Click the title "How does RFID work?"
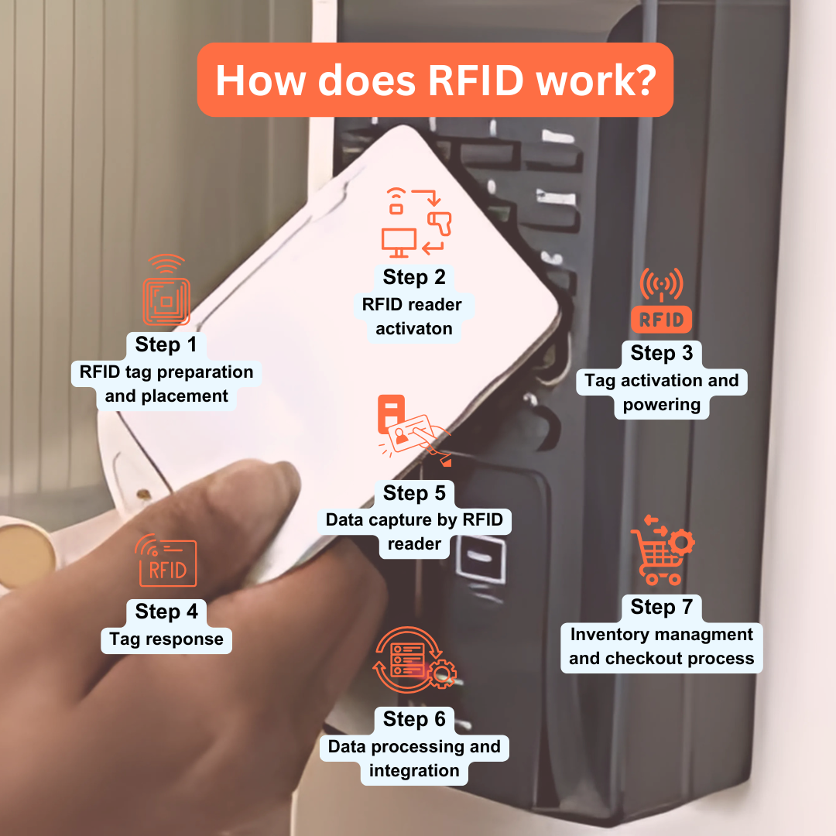coord(434,80)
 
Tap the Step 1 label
coord(166,344)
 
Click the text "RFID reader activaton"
coord(413,316)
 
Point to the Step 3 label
coord(661,353)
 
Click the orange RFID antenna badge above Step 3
coord(661,302)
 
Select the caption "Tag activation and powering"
coord(661,392)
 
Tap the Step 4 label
coord(166,612)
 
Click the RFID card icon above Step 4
coord(166,562)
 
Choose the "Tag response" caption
coord(166,639)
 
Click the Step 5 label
coord(414,493)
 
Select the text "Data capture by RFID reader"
coord(414,532)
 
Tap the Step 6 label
coord(414,719)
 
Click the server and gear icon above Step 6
coord(414,657)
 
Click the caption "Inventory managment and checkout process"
coord(661,646)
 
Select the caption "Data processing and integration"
coord(414,759)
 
